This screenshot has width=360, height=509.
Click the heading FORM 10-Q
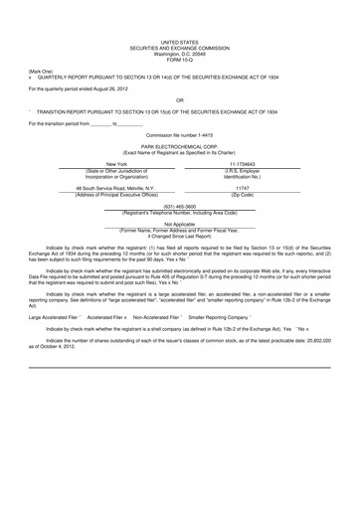point(179,61)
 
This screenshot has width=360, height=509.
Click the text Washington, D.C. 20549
point(179,55)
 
